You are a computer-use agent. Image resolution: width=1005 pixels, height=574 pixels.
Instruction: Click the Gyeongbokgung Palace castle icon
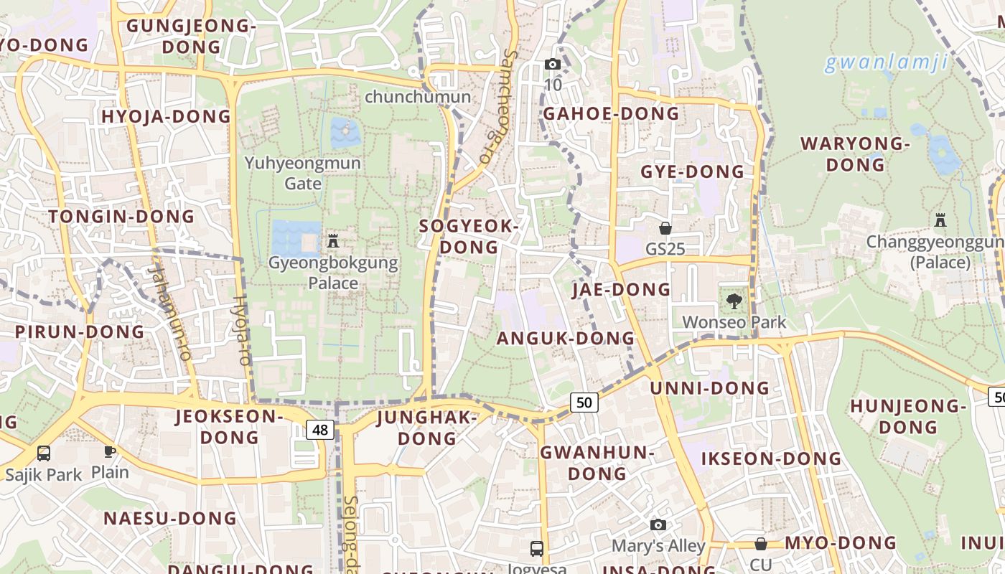click(332, 240)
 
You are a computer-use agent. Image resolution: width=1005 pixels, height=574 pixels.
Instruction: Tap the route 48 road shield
click(320, 430)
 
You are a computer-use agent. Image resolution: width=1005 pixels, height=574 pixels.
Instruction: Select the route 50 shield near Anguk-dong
click(584, 403)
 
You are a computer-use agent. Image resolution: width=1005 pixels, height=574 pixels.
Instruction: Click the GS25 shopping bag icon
click(665, 228)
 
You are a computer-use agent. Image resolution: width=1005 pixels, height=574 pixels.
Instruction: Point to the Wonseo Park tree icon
click(734, 301)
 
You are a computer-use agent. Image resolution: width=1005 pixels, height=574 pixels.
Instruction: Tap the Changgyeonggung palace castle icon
click(940, 220)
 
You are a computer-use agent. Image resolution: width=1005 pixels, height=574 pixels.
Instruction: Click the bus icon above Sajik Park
click(44, 453)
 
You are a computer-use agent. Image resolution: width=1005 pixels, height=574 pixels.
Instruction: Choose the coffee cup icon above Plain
click(109, 451)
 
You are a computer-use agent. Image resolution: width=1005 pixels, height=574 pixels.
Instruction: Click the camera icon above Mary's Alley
click(658, 524)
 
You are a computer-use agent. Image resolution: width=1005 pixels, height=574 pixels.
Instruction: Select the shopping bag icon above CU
click(760, 544)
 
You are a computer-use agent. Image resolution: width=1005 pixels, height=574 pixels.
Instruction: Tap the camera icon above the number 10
click(552, 64)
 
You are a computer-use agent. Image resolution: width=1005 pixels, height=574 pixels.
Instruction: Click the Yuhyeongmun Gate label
click(303, 173)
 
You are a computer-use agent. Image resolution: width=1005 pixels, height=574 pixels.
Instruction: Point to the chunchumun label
click(418, 97)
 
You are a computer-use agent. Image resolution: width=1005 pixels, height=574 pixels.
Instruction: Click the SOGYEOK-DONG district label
click(469, 237)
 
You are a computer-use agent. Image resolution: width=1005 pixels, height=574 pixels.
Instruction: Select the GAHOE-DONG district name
click(611, 113)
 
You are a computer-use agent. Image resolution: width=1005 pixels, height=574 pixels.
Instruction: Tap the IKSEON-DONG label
click(771, 458)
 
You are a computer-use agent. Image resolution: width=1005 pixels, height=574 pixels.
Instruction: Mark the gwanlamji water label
click(886, 62)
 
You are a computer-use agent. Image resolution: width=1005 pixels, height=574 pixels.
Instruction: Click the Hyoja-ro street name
click(241, 330)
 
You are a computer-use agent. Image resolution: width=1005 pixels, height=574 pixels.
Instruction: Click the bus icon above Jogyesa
click(536, 549)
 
